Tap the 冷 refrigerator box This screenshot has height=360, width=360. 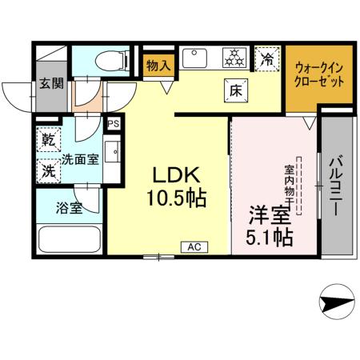(268, 58)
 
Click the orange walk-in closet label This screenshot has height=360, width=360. (320, 76)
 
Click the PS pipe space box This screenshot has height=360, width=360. (114, 123)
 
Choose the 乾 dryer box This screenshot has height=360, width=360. (49, 141)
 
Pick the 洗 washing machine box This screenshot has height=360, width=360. (49, 170)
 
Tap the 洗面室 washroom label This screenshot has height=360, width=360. (81, 158)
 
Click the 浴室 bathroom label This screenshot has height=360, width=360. (69, 209)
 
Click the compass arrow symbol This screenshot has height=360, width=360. (332, 304)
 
